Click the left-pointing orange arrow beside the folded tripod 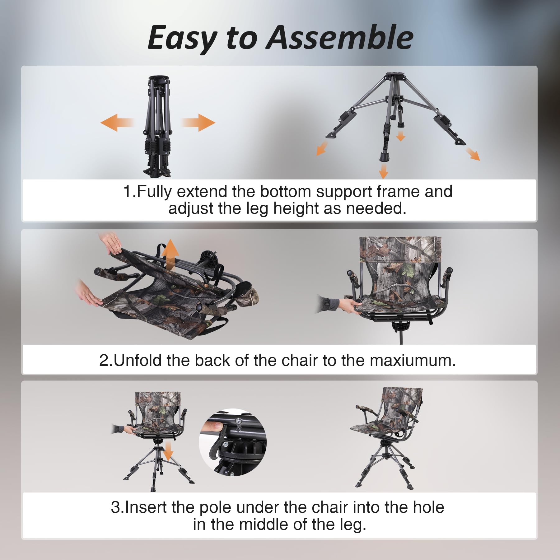tap(117, 123)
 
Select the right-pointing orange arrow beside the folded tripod tap(198, 123)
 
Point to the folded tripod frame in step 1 tap(157, 126)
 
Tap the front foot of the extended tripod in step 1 tap(385, 156)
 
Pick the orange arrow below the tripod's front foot tap(384, 171)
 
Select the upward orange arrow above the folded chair tap(170, 254)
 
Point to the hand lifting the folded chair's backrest tap(111, 243)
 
